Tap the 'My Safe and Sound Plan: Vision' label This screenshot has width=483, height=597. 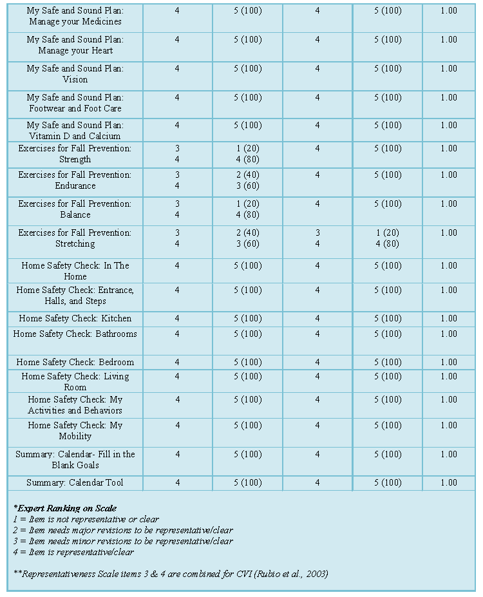coord(75,74)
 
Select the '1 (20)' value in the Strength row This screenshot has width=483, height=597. coord(247,149)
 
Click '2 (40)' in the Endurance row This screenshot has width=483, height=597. coord(247,175)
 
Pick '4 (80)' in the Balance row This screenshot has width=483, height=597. coord(247,215)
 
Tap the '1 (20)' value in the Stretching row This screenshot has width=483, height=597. coord(387,233)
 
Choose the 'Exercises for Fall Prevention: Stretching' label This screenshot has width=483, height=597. coord(75,238)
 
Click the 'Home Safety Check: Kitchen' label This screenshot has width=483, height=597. coord(75,318)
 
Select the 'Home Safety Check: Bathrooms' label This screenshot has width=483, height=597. coord(75,334)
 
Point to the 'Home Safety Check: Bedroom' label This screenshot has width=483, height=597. coord(75,362)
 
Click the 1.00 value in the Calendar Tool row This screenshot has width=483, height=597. coord(449,482)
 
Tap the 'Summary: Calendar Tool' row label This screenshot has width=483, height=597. coord(75,482)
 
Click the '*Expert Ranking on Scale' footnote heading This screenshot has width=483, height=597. coord(65,508)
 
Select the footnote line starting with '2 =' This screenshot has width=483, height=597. coord(123,530)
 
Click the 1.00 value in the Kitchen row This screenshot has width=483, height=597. coord(449,318)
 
